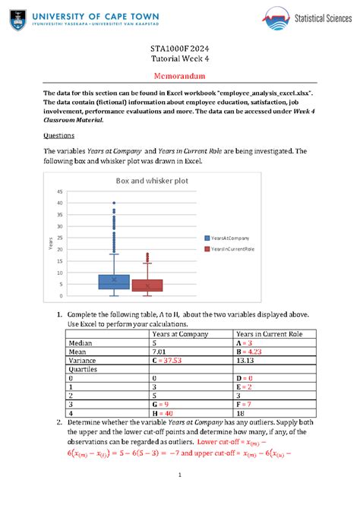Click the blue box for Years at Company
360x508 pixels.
click(x=114, y=281)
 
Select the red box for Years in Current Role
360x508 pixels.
click(x=147, y=285)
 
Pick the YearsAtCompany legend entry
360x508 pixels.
click(x=228, y=238)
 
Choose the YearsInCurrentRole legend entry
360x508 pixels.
click(x=231, y=248)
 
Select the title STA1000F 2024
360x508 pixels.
click(x=179, y=50)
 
